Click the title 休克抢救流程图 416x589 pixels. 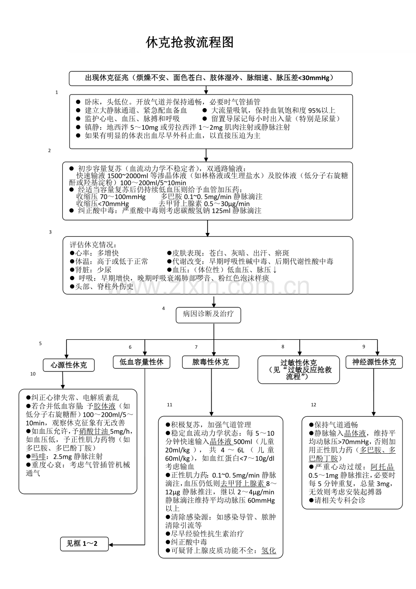(x=190, y=43)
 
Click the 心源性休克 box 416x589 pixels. (x=69, y=365)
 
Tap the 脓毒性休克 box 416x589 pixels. (x=211, y=362)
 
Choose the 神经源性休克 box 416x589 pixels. (x=373, y=362)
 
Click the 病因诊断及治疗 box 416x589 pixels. (x=208, y=314)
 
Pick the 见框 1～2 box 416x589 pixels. (x=85, y=543)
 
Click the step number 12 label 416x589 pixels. (x=314, y=404)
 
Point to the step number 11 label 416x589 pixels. (x=170, y=404)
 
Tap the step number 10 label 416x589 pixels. (x=33, y=374)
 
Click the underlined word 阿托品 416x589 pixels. (x=382, y=467)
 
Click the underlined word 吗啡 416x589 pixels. (x=37, y=456)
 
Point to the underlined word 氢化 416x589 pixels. (x=269, y=551)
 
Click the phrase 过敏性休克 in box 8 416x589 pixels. (x=298, y=363)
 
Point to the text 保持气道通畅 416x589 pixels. (x=336, y=425)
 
